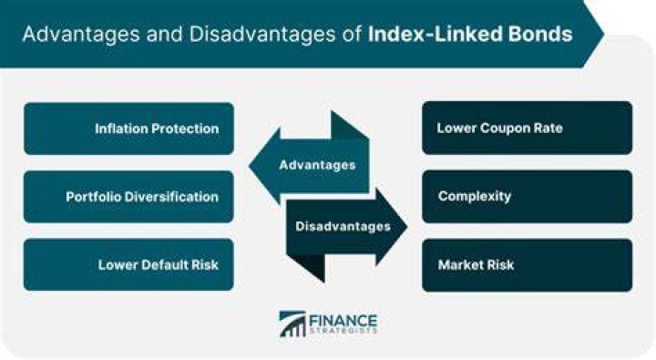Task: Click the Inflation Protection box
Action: tap(128, 129)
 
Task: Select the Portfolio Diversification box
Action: tap(128, 197)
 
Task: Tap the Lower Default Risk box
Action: tap(128, 264)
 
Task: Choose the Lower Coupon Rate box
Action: tap(528, 128)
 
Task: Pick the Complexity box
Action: tap(528, 196)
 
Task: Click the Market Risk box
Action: tap(528, 265)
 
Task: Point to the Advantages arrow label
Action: tap(317, 165)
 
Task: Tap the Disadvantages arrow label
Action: tap(343, 226)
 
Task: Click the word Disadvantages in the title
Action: tap(262, 35)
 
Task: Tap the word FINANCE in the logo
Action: tap(343, 322)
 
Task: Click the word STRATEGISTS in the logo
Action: tap(343, 331)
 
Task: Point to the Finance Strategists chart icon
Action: tap(292, 324)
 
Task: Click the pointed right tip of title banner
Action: tap(604, 34)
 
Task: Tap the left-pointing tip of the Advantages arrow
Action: tap(250, 165)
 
